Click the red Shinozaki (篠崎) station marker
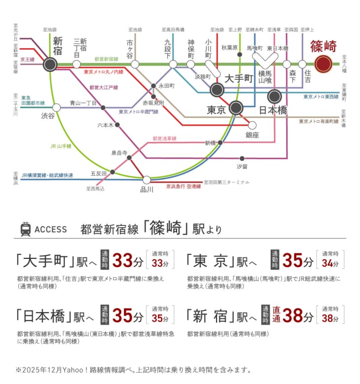click(324, 64)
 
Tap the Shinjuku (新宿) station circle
click(50, 64)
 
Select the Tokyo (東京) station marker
click(236, 107)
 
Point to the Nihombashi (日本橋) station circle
click(275, 96)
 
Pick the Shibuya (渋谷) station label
click(48, 117)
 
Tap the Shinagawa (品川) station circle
click(146, 180)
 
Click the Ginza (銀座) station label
click(252, 135)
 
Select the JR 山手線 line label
click(61, 146)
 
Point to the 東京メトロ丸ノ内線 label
click(104, 72)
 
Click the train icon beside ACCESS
click(25, 229)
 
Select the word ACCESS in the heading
click(51, 230)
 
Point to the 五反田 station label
click(99, 173)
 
